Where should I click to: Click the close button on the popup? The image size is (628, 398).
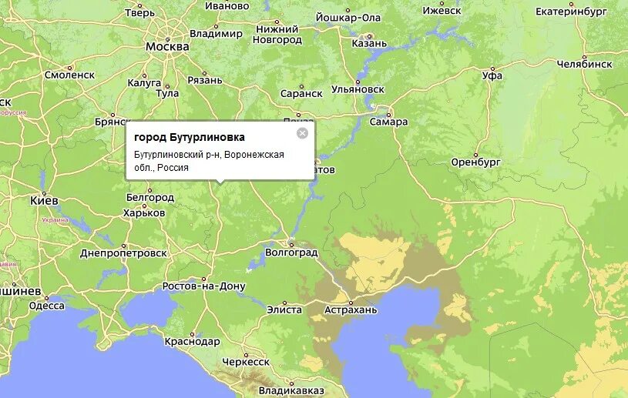pyautogui.click(x=302, y=133)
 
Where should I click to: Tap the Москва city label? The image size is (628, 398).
pyautogui.click(x=167, y=47)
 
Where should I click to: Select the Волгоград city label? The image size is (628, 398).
pyautogui.click(x=291, y=252)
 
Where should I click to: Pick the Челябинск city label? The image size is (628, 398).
pyautogui.click(x=584, y=64)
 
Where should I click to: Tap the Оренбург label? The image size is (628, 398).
pyautogui.click(x=476, y=162)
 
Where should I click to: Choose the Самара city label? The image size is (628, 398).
pyautogui.click(x=388, y=122)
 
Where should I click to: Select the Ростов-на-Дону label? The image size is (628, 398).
pyautogui.click(x=203, y=286)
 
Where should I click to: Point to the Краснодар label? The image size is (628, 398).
pyautogui.click(x=192, y=341)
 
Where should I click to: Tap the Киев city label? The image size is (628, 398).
pyautogui.click(x=44, y=200)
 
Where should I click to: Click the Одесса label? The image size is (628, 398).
pyautogui.click(x=47, y=306)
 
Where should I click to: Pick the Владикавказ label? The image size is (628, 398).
pyautogui.click(x=291, y=390)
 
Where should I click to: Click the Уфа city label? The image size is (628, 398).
pyautogui.click(x=492, y=75)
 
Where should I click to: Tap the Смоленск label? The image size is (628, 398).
pyautogui.click(x=69, y=75)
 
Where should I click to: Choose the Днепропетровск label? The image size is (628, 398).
pyautogui.click(x=123, y=253)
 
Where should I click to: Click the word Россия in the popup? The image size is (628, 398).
pyautogui.click(x=177, y=167)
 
